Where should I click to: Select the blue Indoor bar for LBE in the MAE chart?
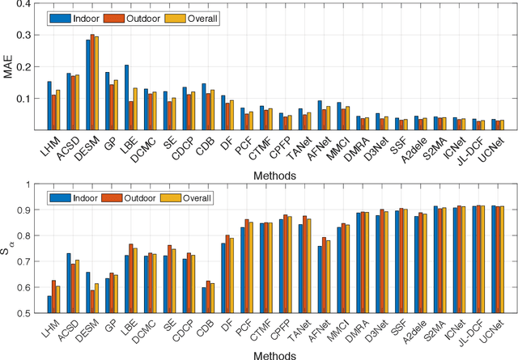[x=126, y=97]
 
